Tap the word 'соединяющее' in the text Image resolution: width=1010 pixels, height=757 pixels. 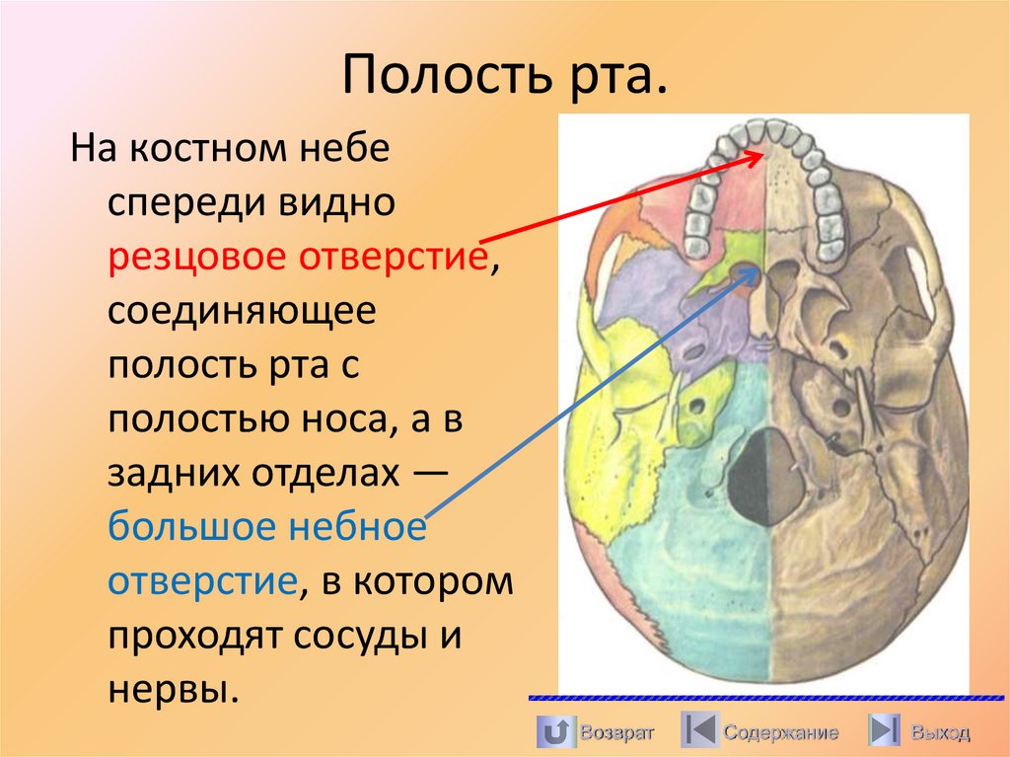(x=242, y=313)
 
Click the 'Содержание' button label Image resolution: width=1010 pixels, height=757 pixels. (x=780, y=732)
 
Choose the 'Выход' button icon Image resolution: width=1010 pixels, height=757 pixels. (x=883, y=731)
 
